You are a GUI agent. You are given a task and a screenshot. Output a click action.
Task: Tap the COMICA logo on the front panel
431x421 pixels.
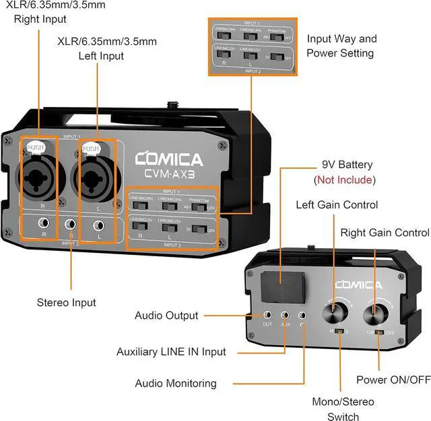168,159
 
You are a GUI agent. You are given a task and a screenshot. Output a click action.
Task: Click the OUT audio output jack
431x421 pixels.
268,314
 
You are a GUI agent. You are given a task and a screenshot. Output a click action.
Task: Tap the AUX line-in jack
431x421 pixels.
286,314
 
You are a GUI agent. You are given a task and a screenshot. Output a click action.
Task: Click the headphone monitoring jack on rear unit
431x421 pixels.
302,314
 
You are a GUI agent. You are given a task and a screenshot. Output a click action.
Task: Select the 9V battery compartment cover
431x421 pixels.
282,286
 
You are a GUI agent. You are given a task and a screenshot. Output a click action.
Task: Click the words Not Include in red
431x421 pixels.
345,180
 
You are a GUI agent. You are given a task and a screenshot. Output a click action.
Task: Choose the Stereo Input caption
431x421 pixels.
66,303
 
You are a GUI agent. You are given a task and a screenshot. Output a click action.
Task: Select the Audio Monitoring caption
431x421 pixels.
176,383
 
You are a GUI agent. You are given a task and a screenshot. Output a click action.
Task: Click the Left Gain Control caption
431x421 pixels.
337,204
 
